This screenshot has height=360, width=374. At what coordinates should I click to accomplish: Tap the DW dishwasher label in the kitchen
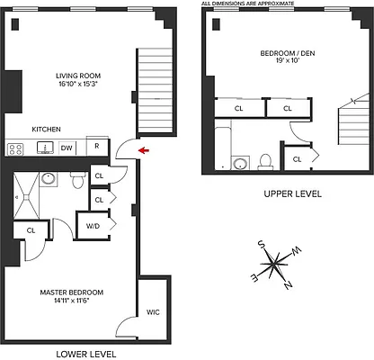(67, 148)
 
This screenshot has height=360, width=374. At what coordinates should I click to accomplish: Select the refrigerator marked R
(97, 148)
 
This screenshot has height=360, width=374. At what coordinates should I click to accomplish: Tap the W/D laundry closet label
(93, 226)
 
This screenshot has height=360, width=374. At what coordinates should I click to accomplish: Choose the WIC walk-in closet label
(153, 313)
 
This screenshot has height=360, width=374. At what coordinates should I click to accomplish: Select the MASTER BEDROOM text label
(71, 292)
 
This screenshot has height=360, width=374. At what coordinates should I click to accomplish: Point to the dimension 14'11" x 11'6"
(71, 301)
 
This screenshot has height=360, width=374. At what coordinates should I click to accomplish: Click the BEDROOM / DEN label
(285, 54)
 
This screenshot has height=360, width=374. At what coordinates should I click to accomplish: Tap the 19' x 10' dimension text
(285, 63)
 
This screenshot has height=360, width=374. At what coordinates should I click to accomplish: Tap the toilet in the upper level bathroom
(266, 161)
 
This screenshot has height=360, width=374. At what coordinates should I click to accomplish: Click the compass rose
(276, 265)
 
